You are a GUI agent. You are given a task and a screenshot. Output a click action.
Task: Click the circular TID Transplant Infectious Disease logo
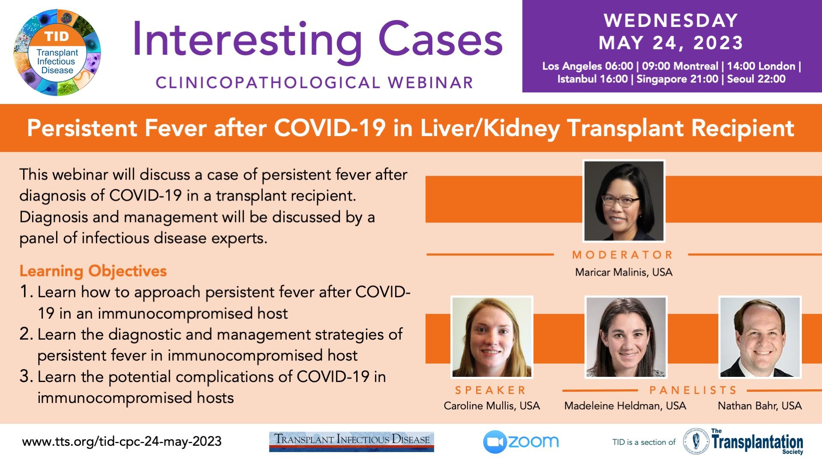tap(57, 52)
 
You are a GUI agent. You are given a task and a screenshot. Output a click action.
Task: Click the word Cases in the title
tap(441, 40)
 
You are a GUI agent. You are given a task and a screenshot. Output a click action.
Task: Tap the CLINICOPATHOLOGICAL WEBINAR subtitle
tap(315, 83)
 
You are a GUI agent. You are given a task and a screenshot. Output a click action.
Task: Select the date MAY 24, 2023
tap(671, 43)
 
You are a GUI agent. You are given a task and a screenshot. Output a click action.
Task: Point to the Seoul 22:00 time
tap(756, 79)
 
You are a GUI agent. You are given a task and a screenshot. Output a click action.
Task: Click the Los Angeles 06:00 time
tap(587, 66)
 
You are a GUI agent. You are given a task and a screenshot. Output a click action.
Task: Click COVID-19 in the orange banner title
tap(330, 128)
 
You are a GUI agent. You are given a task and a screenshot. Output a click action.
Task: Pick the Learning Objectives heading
tap(93, 271)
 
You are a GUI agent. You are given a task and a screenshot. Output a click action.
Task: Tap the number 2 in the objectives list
tap(26, 334)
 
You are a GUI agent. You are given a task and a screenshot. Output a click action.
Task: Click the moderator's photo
tap(624, 201)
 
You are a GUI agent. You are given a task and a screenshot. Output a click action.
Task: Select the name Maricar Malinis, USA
tap(623, 272)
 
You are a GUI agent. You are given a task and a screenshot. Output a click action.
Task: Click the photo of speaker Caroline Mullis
tap(492, 337)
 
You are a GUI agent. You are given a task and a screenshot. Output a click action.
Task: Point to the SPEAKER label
tap(491, 390)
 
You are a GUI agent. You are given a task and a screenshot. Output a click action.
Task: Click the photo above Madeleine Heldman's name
tap(625, 337)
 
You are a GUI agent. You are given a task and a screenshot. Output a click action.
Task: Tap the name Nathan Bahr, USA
tap(759, 406)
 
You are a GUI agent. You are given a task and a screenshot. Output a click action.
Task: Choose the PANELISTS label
tap(693, 390)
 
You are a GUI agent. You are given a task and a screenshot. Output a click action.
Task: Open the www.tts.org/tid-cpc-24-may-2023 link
tap(122, 441)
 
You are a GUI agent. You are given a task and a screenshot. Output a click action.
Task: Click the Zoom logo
tap(521, 442)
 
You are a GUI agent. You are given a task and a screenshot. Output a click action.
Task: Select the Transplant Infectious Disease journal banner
tap(351, 442)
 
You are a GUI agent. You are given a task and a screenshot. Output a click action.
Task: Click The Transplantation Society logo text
tap(757, 441)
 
